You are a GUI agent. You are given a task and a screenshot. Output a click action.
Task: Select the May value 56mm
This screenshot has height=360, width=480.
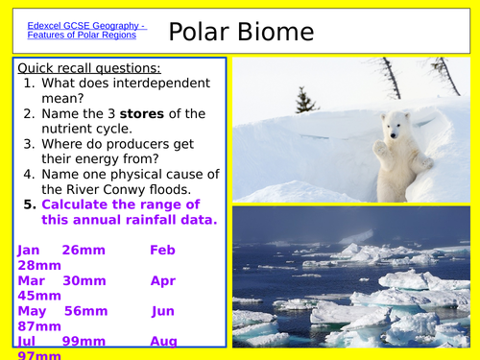[x=84, y=312]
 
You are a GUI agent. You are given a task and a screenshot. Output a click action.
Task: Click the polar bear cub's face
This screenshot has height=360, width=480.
[x=395, y=126]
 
